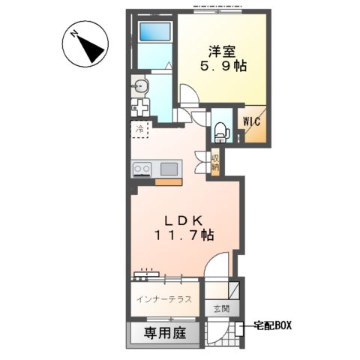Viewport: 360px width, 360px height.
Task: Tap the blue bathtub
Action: pyautogui.click(x=156, y=33)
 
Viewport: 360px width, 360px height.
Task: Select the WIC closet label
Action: pyautogui.click(x=250, y=118)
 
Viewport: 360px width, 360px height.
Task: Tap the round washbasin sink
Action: pyautogui.click(x=141, y=85)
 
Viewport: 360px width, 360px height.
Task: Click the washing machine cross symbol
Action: pyautogui.click(x=141, y=108)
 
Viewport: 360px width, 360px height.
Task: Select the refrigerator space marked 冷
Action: pyautogui.click(x=140, y=130)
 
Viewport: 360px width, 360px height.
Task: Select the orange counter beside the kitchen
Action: pyautogui.click(x=167, y=181)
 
